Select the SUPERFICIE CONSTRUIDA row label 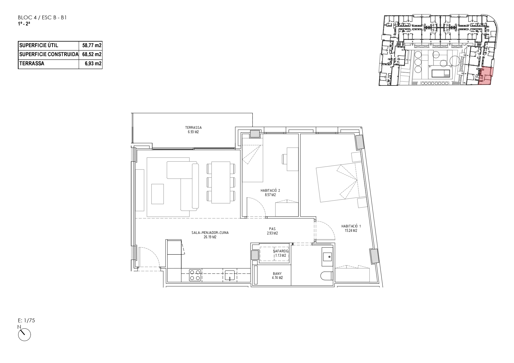pyautogui.click(x=49, y=54)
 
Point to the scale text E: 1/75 pyautogui.click(x=26, y=321)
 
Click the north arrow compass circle pyautogui.click(x=24, y=335)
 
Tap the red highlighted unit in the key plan pyautogui.click(x=485, y=76)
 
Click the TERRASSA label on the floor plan pyautogui.click(x=193, y=128)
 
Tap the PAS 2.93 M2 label pyautogui.click(x=272, y=231)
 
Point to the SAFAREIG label pyautogui.click(x=281, y=251)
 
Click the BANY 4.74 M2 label pyautogui.click(x=277, y=276)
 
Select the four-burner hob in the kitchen pyautogui.click(x=195, y=275)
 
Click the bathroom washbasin pyautogui.click(x=327, y=257)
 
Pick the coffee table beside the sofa pyautogui.click(x=158, y=194)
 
